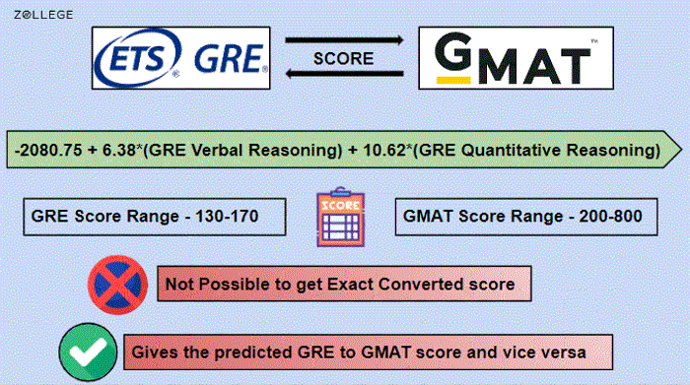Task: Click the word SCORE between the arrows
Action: tap(343, 58)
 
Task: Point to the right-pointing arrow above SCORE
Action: tap(343, 39)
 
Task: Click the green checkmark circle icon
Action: tap(84, 351)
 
